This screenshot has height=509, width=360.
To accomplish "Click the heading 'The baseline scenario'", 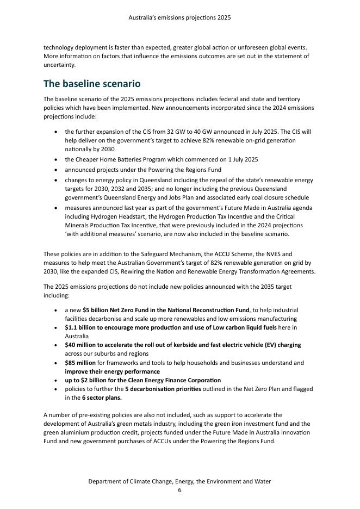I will click(x=92, y=84).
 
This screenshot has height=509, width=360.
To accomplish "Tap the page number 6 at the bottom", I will click(x=179, y=490).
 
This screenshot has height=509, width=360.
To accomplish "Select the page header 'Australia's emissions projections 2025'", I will click(x=179, y=17).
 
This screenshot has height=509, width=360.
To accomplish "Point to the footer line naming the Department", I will click(x=179, y=481).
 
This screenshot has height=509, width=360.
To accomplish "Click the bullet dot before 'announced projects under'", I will click(x=57, y=170).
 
